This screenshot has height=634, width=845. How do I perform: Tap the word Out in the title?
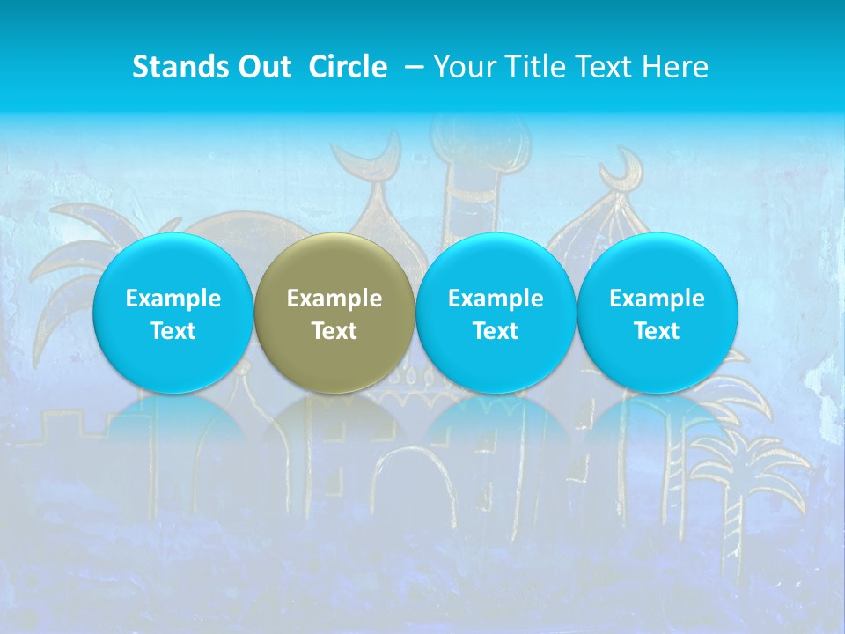point(262,67)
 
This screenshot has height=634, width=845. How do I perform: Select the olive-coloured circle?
point(334,313)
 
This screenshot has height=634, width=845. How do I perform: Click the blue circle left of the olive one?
point(173,313)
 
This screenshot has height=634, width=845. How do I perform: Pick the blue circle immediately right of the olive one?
point(496,313)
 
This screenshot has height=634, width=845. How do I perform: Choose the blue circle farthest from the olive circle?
point(657,313)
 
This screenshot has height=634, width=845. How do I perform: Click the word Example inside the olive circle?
point(334,299)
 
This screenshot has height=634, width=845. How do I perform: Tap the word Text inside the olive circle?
point(334,331)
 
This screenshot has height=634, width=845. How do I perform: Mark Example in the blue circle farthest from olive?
point(657,299)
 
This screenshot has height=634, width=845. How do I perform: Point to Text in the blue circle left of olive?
point(173,331)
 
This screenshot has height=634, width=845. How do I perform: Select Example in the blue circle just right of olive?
point(496,299)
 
